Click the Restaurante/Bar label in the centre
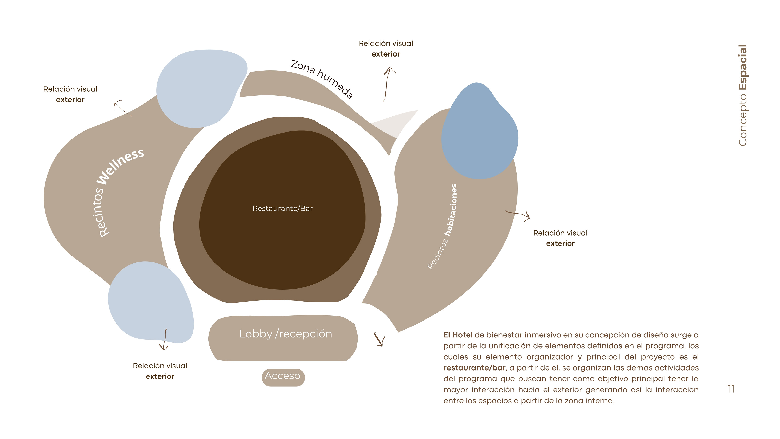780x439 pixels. tap(282, 209)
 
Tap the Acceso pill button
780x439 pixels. tap(283, 376)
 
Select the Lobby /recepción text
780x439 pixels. tap(286, 334)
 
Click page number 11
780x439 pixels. tap(731, 389)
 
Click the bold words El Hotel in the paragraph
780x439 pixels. tap(458, 335)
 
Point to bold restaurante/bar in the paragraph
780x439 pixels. tap(474, 368)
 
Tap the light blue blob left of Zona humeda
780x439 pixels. tap(200, 88)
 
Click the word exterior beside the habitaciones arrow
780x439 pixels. tap(560, 244)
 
